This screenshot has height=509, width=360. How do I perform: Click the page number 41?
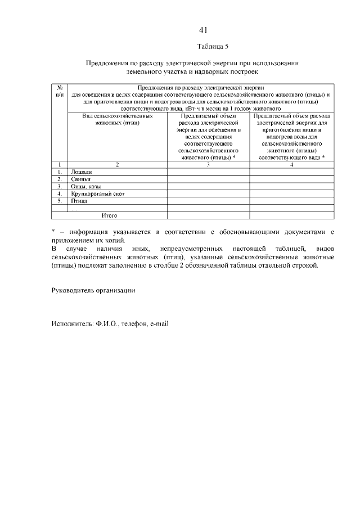click(203, 30)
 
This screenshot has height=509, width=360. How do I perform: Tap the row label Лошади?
click(81, 172)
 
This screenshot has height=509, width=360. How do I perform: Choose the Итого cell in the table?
click(109, 215)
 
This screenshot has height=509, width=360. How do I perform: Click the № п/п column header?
click(60, 91)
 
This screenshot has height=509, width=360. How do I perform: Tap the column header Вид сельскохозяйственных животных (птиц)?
click(117, 119)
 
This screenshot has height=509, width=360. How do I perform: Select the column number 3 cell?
click(208, 165)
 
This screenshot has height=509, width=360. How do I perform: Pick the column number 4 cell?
click(291, 165)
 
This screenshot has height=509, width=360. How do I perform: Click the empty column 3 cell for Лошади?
click(208, 172)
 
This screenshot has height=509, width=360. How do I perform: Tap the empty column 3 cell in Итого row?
click(208, 215)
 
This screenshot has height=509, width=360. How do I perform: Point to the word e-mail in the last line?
click(160, 324)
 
